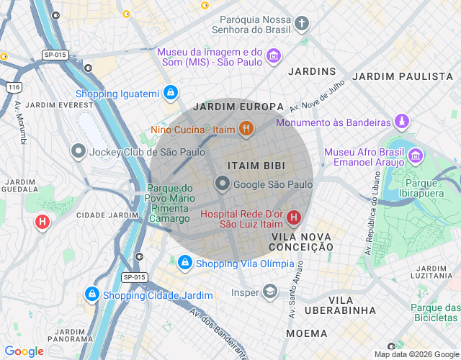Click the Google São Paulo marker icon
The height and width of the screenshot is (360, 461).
click(223, 184)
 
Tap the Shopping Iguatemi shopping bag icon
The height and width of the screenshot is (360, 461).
click(170, 93)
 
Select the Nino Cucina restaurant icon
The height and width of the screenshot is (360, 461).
click(246, 130)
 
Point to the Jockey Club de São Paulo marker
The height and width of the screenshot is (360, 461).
click(79, 151)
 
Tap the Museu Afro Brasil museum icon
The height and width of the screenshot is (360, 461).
click(415, 156)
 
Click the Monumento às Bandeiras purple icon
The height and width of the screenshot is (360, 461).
click(402, 122)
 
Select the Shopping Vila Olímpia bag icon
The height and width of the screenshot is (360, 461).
click(185, 264)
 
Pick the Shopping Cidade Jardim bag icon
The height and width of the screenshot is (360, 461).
click(91, 294)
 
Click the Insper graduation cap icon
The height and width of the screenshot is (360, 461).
click(269, 292)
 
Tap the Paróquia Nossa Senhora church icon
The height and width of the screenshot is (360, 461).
click(301, 23)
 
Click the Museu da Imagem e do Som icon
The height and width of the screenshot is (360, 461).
click(273, 56)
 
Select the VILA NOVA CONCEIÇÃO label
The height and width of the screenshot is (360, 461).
click(302, 242)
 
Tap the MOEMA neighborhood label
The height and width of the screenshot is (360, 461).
click(307, 333)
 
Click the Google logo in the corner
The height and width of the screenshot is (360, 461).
click(24, 351)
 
